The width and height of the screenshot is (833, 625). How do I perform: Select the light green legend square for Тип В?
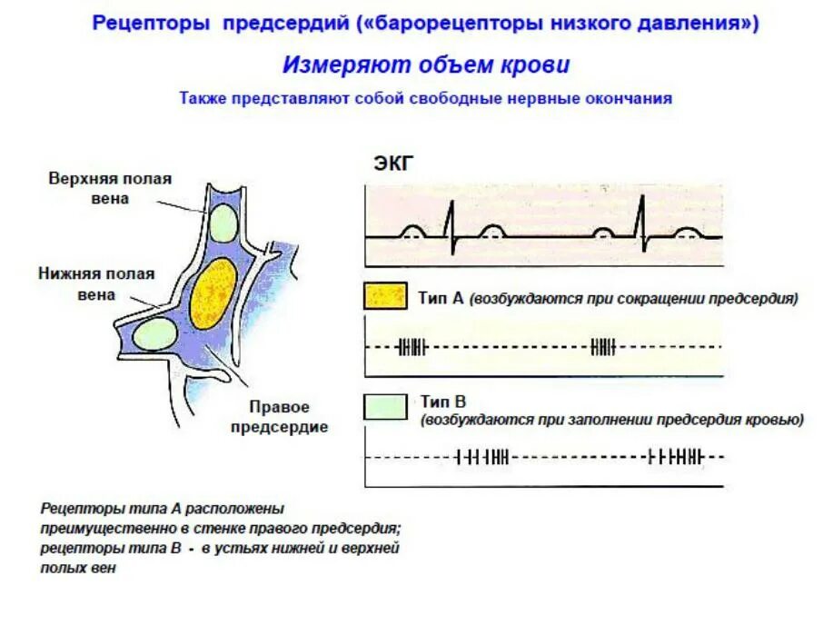[384, 407]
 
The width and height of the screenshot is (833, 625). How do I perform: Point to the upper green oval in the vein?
[223, 222]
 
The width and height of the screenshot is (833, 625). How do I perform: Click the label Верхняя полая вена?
[110, 189]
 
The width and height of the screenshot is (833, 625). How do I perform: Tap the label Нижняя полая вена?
[96, 283]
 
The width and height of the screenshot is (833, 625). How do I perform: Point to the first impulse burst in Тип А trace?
[412, 347]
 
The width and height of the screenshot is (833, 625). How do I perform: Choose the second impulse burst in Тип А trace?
[602, 347]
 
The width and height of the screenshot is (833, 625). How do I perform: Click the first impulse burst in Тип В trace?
[481, 457]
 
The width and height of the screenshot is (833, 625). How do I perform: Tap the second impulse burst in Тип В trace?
[675, 457]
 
